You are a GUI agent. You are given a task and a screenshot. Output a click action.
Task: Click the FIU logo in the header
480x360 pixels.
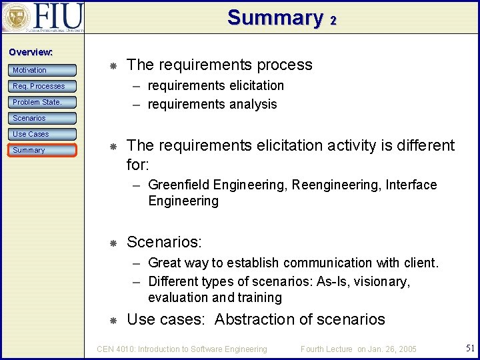tap(43, 17)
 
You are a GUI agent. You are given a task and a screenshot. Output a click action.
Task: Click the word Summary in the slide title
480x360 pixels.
tap(275, 17)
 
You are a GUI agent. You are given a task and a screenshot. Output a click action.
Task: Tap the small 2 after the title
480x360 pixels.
tap(332, 21)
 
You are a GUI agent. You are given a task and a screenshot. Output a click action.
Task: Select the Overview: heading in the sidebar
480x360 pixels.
tap(31, 52)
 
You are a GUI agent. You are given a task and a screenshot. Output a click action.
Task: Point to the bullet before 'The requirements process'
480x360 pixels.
tap(113, 65)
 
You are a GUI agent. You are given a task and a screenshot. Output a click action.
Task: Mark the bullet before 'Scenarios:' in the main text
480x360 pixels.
tap(113, 242)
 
